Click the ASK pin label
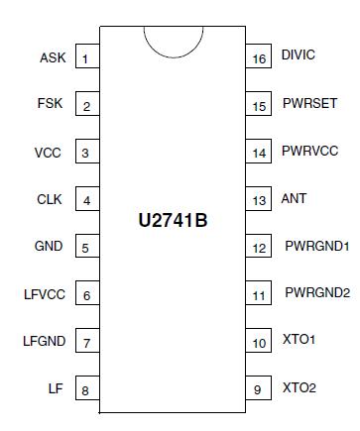click(x=53, y=58)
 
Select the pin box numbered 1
click(x=85, y=59)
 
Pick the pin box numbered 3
click(x=85, y=154)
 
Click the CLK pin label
click(x=50, y=200)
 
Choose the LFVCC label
click(x=44, y=295)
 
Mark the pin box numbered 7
click(x=85, y=343)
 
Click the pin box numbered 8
click(x=85, y=390)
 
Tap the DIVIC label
click(x=298, y=54)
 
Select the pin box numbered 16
click(x=260, y=59)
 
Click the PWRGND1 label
click(x=316, y=246)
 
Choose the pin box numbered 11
click(x=260, y=295)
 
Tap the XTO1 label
click(x=299, y=341)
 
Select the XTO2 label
click(x=299, y=388)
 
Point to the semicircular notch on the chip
click(x=173, y=40)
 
